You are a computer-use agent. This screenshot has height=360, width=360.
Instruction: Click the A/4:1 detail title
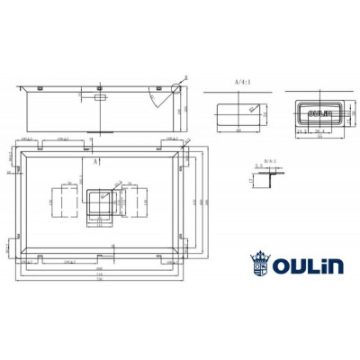click(241, 82)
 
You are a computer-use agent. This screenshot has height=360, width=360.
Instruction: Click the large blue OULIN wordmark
click(310, 265)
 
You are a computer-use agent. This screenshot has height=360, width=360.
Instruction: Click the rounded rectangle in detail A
click(238, 112)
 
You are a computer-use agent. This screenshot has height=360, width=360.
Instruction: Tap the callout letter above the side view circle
click(184, 77)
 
